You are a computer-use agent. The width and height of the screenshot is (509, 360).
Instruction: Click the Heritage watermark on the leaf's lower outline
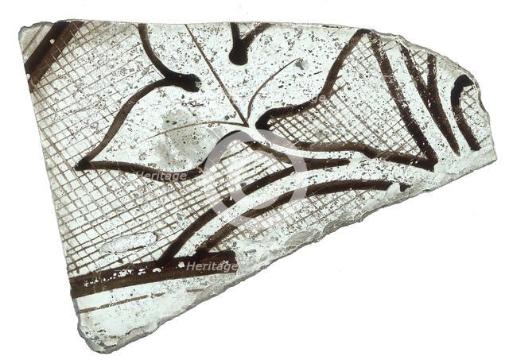(x=161, y=176)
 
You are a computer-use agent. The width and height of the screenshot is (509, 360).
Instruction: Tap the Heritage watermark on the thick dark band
(x=212, y=266)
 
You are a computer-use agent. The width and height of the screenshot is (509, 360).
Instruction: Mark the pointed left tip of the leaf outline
(x=79, y=165)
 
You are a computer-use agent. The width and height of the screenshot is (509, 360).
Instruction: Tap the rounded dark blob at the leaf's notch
(x=188, y=80)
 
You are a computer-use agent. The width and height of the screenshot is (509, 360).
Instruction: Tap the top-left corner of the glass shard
(x=21, y=30)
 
